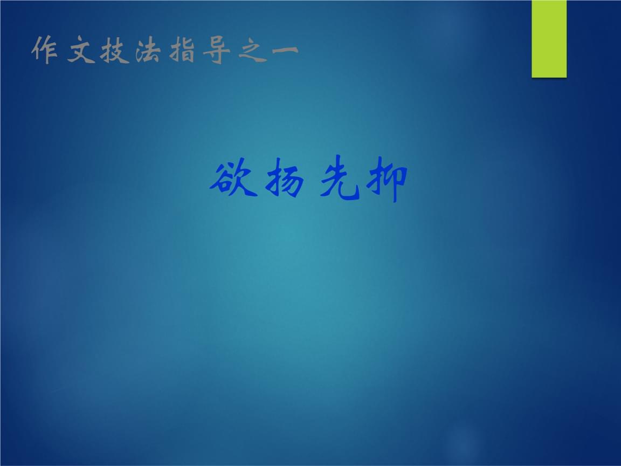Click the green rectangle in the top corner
point(549,38)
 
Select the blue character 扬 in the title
point(282,182)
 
